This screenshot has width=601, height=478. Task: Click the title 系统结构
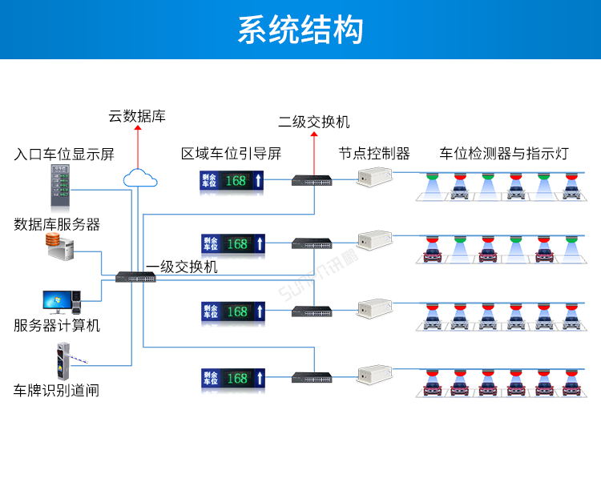300,30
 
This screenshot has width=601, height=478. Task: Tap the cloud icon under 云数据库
138,176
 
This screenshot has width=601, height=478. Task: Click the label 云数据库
137,117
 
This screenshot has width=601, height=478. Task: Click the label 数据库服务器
57,225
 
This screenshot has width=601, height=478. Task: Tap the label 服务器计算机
57,326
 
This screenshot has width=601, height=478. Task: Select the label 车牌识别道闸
57,391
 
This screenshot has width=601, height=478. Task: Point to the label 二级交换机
314,123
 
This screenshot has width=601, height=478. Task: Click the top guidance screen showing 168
232,181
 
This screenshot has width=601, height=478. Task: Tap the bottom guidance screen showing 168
232,377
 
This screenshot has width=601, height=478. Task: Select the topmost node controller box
374,175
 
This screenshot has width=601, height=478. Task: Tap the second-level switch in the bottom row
312,377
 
